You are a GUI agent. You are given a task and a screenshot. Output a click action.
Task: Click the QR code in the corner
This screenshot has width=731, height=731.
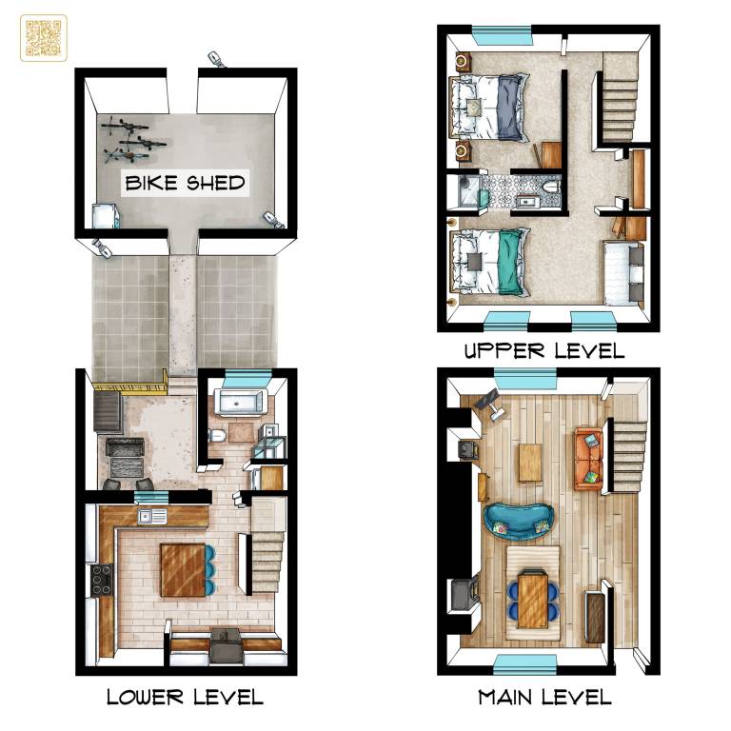point(44,38)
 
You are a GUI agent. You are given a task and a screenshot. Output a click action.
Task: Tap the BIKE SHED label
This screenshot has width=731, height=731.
point(185,183)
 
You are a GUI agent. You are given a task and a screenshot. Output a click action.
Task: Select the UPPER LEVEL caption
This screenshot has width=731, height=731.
point(544,350)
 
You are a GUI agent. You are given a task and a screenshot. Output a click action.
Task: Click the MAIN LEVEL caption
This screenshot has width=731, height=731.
point(544,697)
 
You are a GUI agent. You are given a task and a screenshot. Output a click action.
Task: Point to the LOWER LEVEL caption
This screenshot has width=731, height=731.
point(185,697)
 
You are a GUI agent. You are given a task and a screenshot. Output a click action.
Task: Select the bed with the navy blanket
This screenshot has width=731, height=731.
point(489,108)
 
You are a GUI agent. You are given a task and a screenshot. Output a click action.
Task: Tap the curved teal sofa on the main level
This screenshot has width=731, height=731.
point(520,522)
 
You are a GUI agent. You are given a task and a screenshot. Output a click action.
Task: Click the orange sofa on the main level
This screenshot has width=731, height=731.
point(588,458)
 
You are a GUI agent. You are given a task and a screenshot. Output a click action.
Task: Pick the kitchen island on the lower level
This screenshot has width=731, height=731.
point(183,570)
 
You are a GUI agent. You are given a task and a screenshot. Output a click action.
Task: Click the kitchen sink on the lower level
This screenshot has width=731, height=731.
point(152,517)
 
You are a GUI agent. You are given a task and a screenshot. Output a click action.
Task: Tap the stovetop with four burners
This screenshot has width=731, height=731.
point(102,581)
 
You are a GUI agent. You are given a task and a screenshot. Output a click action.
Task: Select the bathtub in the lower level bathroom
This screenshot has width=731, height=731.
point(242,402)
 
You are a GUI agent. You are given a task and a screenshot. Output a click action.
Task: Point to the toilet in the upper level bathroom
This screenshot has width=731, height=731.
point(551,187)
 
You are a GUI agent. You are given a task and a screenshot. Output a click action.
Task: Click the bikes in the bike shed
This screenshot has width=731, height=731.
point(132,139)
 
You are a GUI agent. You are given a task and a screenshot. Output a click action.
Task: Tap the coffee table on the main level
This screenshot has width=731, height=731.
point(530,463)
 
